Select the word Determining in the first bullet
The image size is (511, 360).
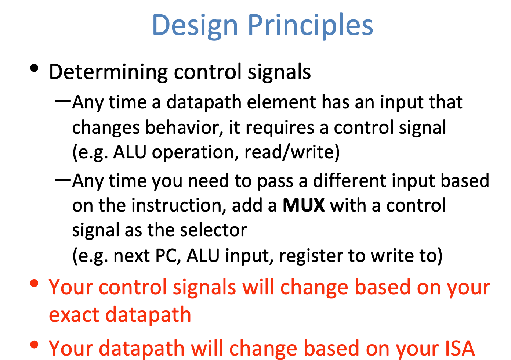(x=108, y=72)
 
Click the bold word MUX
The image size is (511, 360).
(x=303, y=205)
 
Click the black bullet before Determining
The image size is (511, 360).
(x=35, y=68)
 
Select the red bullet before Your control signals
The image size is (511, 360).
(x=35, y=284)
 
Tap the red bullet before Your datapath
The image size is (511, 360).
(x=35, y=345)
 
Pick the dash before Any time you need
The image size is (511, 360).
(x=63, y=179)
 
